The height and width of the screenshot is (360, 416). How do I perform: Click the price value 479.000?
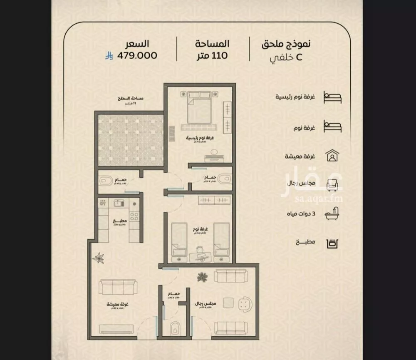click(x=137, y=55)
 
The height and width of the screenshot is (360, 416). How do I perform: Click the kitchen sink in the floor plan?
click(x=117, y=204)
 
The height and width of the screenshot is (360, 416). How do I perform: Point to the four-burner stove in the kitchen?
click(x=135, y=216)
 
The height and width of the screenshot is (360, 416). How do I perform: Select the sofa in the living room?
click(x=118, y=288)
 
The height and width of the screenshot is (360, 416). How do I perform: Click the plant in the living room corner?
click(x=100, y=258)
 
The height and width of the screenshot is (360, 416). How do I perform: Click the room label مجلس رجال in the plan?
click(x=205, y=304)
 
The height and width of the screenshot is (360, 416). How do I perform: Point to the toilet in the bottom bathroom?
click(x=175, y=328)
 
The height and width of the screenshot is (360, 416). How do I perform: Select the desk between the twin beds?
click(x=200, y=256)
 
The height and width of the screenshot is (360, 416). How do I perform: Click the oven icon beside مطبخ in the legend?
click(x=333, y=242)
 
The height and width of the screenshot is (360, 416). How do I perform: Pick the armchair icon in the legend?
click(x=333, y=184)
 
